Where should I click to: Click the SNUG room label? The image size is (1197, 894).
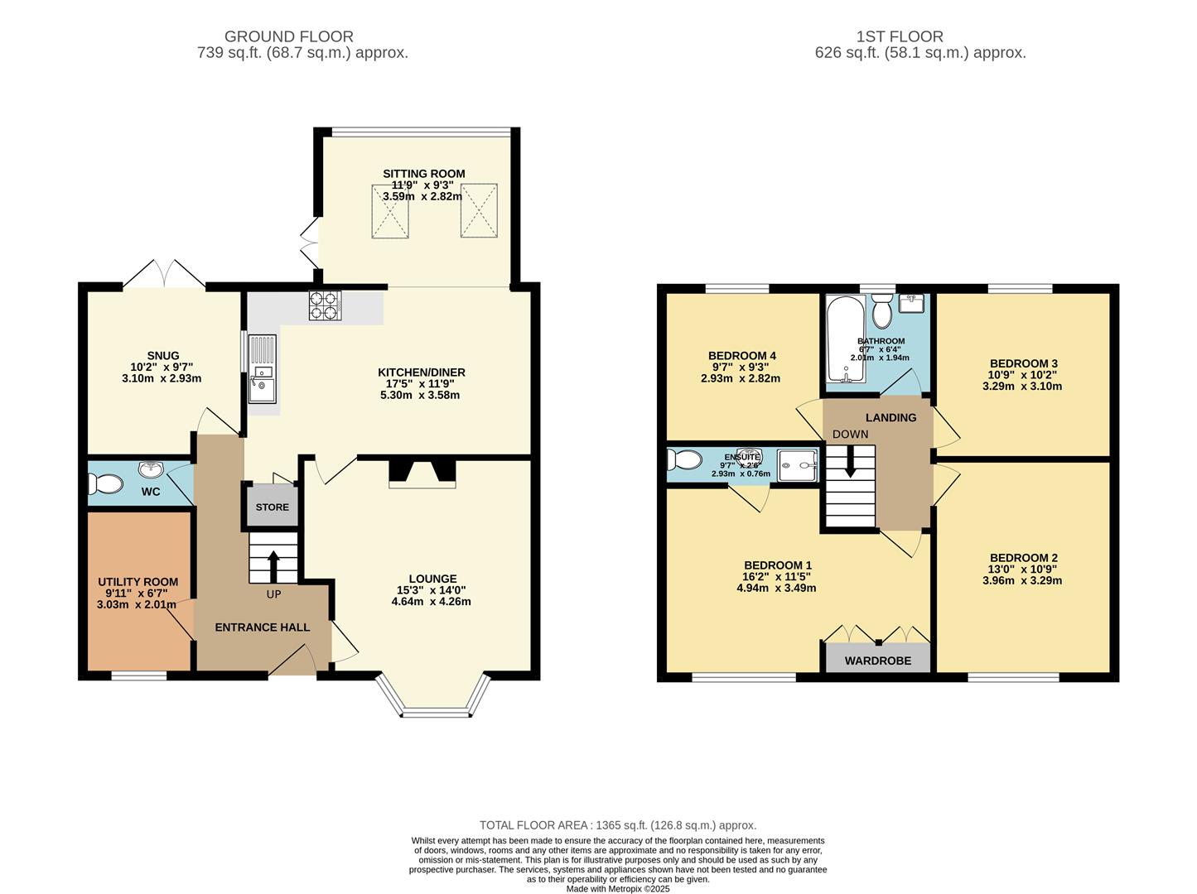(x=162, y=356)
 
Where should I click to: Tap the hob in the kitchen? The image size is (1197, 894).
(x=325, y=305)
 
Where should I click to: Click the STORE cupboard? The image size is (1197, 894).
(x=272, y=506)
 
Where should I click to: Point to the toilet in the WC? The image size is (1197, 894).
(x=106, y=483)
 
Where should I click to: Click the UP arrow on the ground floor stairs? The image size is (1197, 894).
(x=273, y=566)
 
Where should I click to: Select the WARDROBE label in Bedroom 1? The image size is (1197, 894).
(x=877, y=661)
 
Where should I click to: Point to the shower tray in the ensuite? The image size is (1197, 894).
(x=797, y=465)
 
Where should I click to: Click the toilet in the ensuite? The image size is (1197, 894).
(x=684, y=459)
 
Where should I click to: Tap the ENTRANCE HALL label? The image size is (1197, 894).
(x=263, y=627)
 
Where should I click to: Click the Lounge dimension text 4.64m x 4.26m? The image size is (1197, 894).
(x=431, y=602)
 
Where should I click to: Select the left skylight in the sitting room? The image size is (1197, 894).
(x=390, y=211)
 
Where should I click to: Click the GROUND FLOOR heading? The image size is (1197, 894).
(x=289, y=36)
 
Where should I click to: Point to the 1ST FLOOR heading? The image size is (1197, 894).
(x=900, y=36)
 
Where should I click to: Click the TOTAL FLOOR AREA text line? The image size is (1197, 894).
(x=618, y=824)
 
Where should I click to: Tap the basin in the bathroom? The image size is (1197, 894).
(x=911, y=304)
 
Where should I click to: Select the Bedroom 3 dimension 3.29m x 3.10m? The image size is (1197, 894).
(x=1022, y=386)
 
